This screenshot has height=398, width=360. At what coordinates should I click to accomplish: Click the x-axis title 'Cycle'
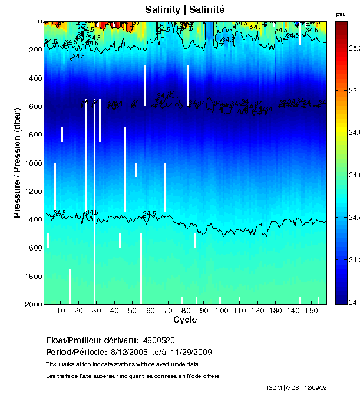(185, 320)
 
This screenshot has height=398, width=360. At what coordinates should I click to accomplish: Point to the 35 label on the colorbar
(352, 91)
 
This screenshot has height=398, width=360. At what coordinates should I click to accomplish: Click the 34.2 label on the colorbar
(354, 260)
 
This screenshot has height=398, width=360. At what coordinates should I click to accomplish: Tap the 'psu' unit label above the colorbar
(341, 14)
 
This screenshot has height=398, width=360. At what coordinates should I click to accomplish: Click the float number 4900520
(158, 341)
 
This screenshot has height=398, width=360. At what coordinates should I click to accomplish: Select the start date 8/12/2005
(129, 352)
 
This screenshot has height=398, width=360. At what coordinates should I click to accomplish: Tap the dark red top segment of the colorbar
(341, 29)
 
